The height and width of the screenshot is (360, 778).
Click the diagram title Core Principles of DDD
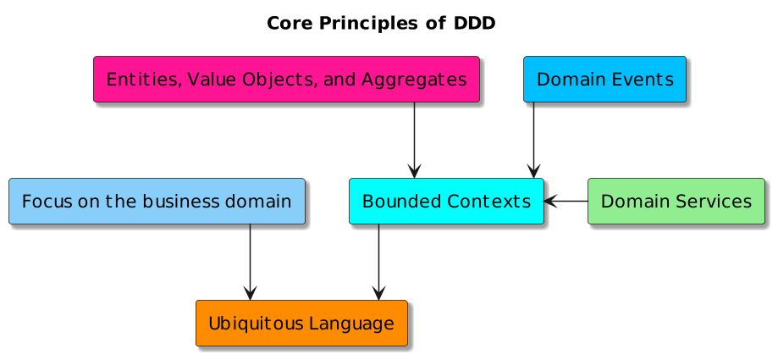point(381,23)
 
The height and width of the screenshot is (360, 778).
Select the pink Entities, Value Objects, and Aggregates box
point(286,80)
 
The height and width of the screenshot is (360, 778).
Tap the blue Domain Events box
point(604,80)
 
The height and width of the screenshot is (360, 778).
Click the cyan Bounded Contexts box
point(446,202)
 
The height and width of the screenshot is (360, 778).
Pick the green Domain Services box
point(676,202)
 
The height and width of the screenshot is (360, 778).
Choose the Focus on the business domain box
point(157,202)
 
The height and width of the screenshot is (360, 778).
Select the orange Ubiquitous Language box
point(301,323)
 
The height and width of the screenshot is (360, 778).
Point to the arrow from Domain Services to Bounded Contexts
point(566,202)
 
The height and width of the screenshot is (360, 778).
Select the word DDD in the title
point(474,23)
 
